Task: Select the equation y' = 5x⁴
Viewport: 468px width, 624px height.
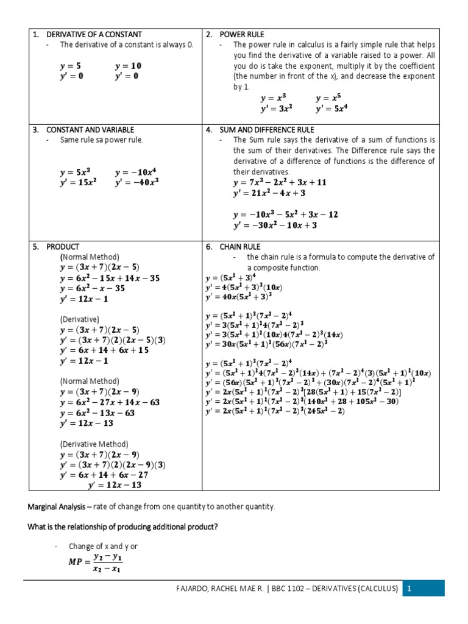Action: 331,110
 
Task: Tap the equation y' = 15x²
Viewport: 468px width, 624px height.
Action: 78,181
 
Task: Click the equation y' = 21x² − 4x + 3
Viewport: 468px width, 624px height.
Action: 269,193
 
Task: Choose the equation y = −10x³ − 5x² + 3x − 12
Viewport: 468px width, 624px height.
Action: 285,214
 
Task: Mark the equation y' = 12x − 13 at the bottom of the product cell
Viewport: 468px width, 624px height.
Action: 115,485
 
